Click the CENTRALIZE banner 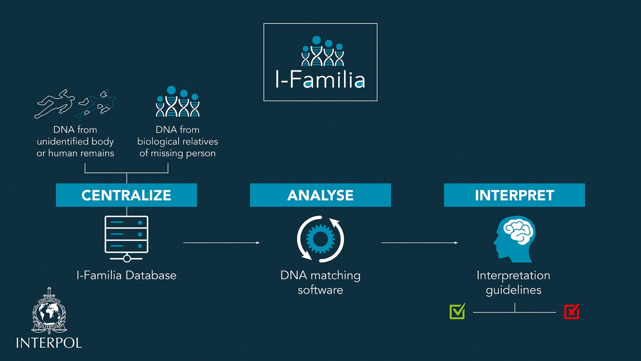click(x=126, y=195)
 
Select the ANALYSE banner click(x=320, y=195)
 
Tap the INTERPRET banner click(x=514, y=195)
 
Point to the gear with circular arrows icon click(x=320, y=239)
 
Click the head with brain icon click(x=514, y=239)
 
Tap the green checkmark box click(x=457, y=311)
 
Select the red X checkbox click(x=572, y=311)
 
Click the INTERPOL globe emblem click(x=49, y=311)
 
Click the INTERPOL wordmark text click(x=49, y=343)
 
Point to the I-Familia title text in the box click(x=320, y=80)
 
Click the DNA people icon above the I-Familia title click(x=323, y=52)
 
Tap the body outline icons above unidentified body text click(x=75, y=104)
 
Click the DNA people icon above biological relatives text click(x=177, y=102)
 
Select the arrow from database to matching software click(x=221, y=243)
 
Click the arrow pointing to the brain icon click(x=419, y=243)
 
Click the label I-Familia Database click(x=126, y=275)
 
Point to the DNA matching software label click(x=320, y=282)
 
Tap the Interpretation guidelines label click(x=513, y=282)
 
